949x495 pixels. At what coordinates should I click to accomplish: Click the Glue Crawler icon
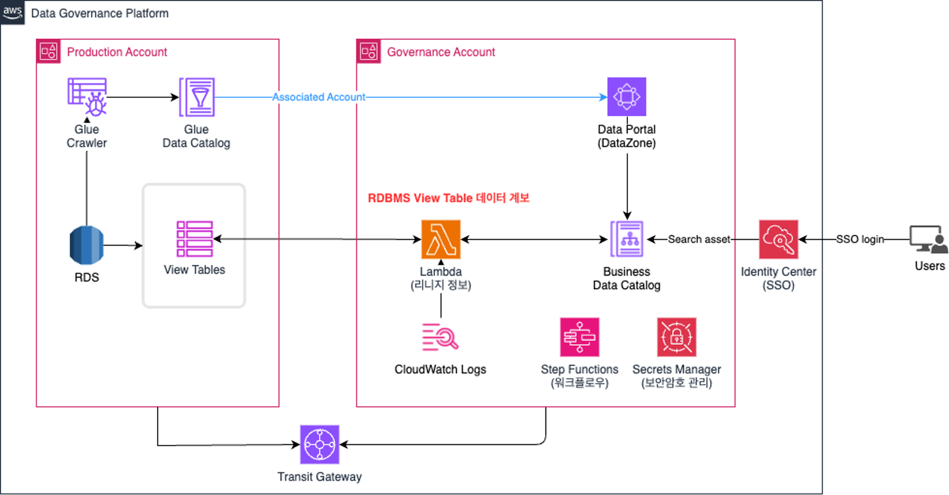[87, 97]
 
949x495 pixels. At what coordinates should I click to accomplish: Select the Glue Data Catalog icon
[197, 97]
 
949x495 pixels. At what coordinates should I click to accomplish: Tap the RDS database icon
[87, 245]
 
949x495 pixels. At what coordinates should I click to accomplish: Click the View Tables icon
[195, 239]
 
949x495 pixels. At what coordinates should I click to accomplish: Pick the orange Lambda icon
[440, 239]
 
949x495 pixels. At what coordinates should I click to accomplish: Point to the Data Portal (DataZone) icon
[626, 97]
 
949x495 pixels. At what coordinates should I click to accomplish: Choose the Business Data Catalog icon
[627, 239]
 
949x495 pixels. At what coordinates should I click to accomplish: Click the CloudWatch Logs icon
[440, 337]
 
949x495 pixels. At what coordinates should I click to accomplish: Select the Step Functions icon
[579, 337]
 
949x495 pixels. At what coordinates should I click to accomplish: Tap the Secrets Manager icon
[676, 337]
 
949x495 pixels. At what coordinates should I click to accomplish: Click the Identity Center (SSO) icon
[778, 239]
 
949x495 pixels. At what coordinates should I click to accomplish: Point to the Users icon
[928, 239]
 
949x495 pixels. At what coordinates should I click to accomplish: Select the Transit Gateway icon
[319, 444]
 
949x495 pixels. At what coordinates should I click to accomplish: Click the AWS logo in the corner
[13, 12]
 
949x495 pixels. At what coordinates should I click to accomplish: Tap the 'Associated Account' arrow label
[319, 97]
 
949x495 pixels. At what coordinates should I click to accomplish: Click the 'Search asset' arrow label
[699, 239]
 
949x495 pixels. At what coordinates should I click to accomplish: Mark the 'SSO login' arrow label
[860, 239]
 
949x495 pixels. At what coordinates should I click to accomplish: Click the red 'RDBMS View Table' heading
[448, 198]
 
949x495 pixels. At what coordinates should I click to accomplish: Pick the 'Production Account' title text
[117, 52]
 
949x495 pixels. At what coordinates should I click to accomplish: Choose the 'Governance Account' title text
[441, 52]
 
